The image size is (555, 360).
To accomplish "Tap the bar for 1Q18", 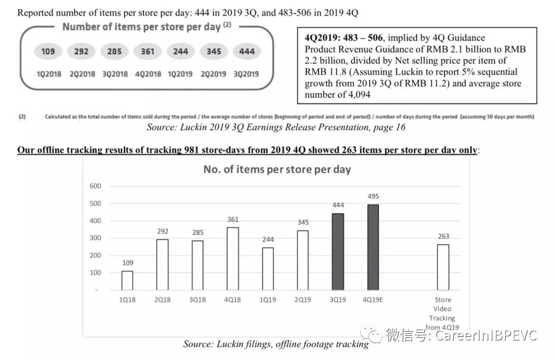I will [127, 280].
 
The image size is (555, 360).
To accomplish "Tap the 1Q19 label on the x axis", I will [268, 299].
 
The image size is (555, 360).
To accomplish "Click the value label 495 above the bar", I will [374, 196].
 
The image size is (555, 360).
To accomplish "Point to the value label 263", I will [443, 237].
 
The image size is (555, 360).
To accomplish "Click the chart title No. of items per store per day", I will [277, 169].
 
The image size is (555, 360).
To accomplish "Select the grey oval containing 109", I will [48, 51].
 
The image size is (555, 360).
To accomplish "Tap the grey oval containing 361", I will [147, 51].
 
